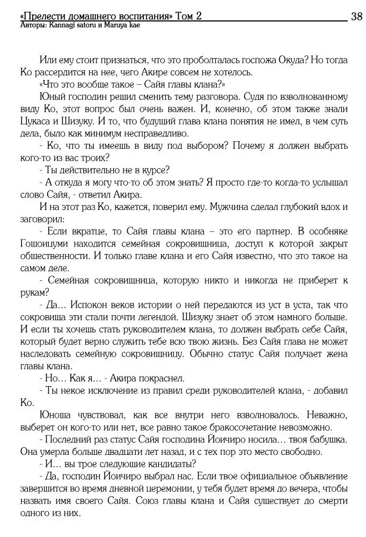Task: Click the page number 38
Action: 356,16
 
